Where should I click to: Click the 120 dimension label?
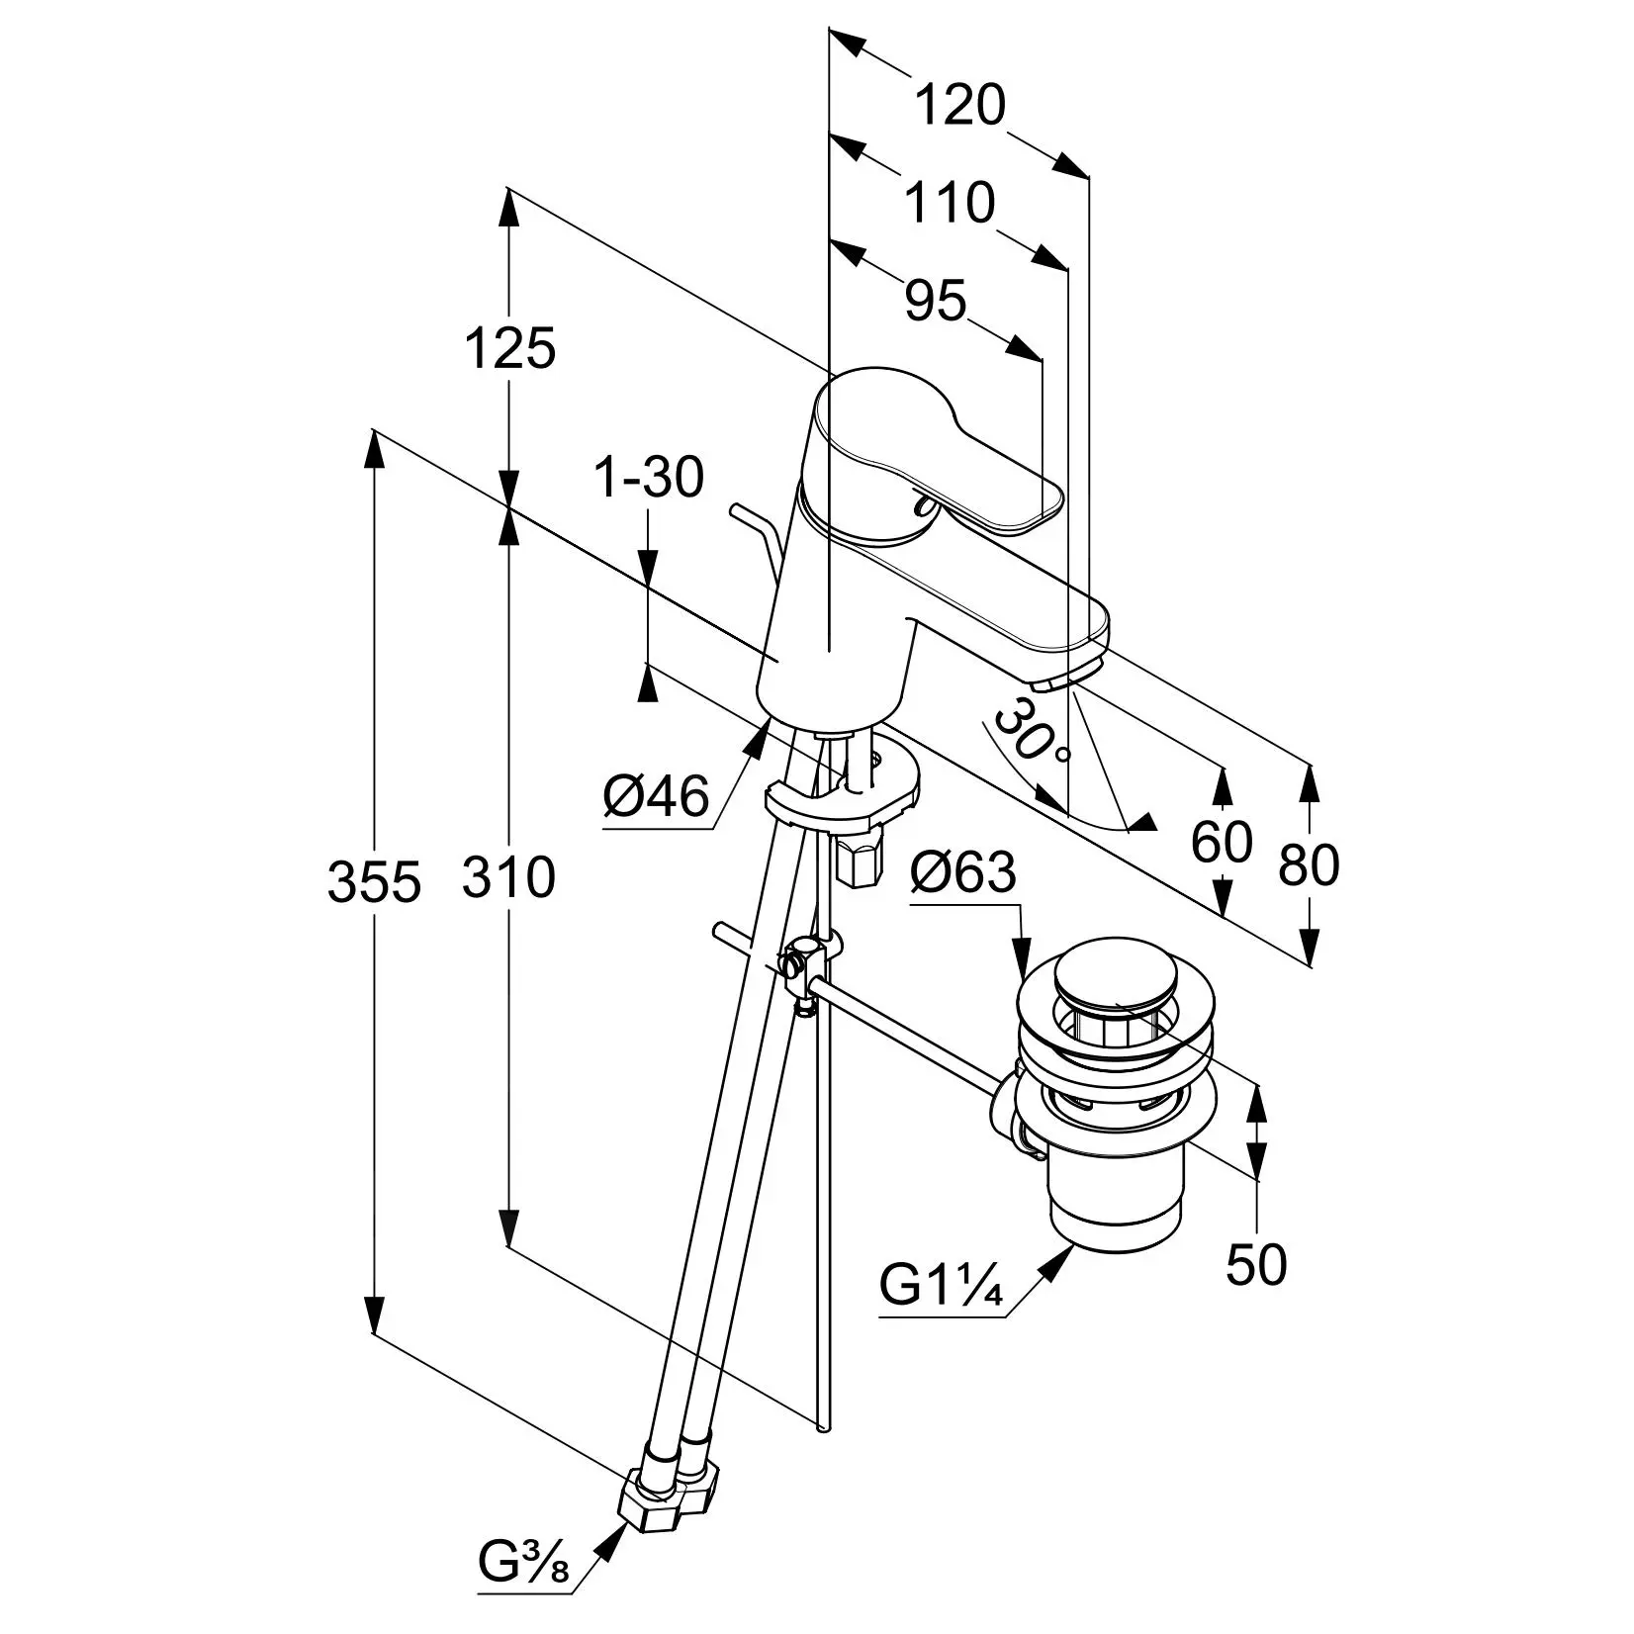pyautogui.click(x=958, y=106)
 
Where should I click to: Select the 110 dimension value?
pyautogui.click(x=950, y=203)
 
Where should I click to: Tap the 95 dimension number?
pyautogui.click(x=936, y=300)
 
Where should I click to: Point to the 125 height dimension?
pyautogui.click(x=510, y=349)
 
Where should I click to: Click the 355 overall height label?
pyautogui.click(x=374, y=881)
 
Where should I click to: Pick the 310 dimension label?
pyautogui.click(x=509, y=877)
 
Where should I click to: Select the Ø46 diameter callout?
pyautogui.click(x=657, y=796)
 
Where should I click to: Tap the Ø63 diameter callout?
pyautogui.click(x=963, y=872)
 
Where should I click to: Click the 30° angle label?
pyautogui.click(x=1032, y=732)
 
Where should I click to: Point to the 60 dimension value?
pyautogui.click(x=1223, y=843)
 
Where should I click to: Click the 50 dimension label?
pyautogui.click(x=1256, y=1264)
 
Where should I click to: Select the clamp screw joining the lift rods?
pyautogui.click(x=798, y=961)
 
